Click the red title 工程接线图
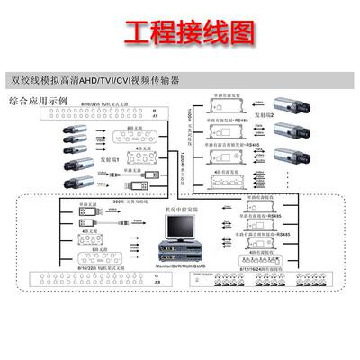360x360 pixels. (179, 35)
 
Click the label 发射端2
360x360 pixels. (262, 115)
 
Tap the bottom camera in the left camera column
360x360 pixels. (70, 181)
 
